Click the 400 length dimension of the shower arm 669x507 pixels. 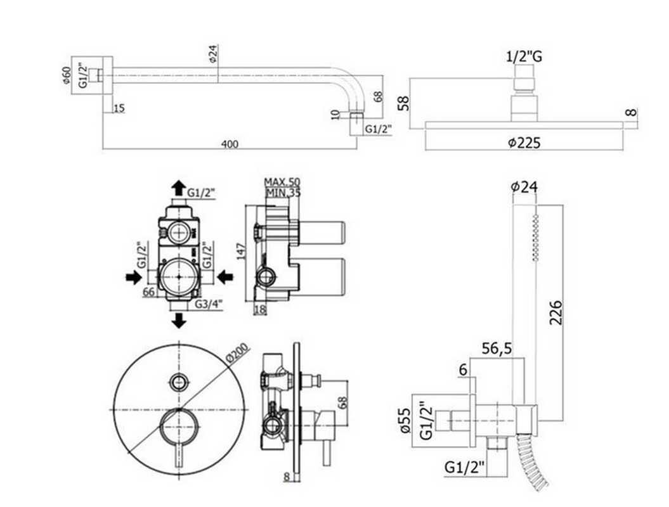click(230, 144)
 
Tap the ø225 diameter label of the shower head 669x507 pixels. click(524, 143)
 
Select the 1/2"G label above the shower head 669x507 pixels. click(524, 57)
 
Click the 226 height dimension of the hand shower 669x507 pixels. click(556, 312)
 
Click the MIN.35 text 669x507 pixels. click(282, 193)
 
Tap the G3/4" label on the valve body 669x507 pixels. click(207, 304)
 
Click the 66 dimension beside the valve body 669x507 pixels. click(149, 292)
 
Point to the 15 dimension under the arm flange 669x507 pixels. click(119, 108)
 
